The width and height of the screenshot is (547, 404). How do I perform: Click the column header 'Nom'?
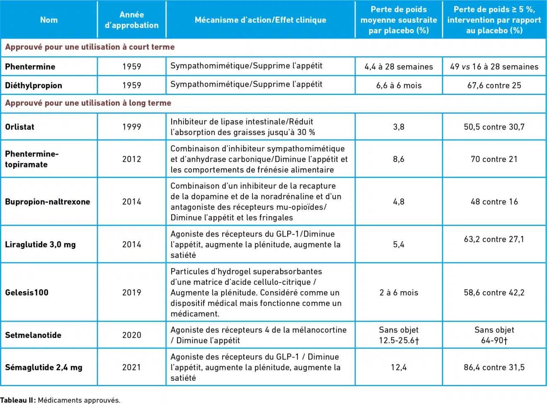tap(49, 20)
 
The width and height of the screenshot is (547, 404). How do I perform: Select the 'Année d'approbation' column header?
tap(131, 20)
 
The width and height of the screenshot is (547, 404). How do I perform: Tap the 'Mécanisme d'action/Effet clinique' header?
tap(260, 20)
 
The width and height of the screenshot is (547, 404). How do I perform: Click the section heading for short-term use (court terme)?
tap(90, 47)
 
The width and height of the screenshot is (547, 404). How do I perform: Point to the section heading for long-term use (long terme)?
tap(88, 103)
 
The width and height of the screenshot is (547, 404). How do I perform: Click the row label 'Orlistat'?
tap(19, 127)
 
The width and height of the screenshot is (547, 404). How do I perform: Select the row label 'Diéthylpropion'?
tap(34, 85)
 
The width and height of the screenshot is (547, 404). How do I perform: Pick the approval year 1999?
tap(131, 127)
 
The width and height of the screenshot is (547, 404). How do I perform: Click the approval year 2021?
tap(131, 367)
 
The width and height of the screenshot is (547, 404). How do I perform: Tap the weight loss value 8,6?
tap(399, 159)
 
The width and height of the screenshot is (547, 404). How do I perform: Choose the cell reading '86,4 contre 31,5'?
tap(494, 367)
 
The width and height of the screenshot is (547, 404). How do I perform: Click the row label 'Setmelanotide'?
tap(33, 335)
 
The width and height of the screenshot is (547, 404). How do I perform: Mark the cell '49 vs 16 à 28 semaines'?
tap(494, 67)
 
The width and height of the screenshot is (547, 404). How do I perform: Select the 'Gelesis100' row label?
tap(27, 293)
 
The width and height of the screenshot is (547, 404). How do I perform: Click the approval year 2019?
tap(131, 293)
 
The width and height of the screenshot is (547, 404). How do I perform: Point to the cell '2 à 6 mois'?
tap(399, 293)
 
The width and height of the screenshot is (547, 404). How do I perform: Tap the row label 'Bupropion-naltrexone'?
tap(47, 202)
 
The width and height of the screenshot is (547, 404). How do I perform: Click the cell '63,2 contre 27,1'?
tap(494, 239)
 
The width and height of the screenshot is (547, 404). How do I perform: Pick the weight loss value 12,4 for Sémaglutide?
tap(399, 367)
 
